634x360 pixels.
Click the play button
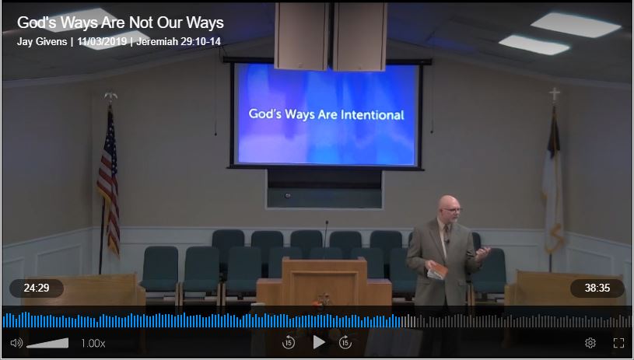319,342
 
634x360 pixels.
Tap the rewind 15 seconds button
289,342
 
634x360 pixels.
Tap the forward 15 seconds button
345,342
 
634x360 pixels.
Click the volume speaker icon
16,343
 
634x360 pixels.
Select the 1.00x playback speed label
93,343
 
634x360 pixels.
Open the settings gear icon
590,343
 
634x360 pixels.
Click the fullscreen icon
619,343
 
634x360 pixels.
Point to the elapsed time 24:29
37,288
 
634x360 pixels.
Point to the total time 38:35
597,288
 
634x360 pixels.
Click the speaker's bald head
447,204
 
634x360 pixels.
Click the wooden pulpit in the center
324,280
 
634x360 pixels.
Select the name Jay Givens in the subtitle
42,41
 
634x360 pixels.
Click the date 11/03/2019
104,41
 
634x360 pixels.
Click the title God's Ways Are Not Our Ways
121,23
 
